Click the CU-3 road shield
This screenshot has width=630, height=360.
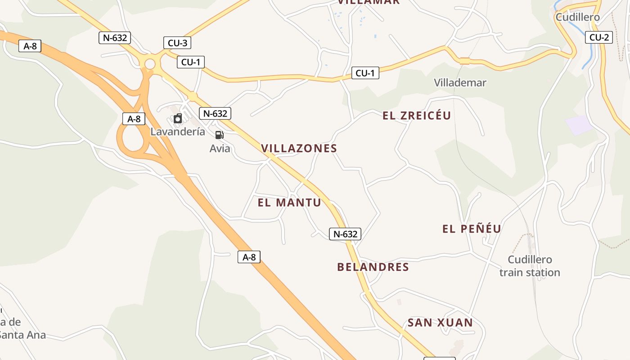coord(177,43)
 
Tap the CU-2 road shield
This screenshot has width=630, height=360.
coord(599,37)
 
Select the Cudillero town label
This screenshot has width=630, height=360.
coord(577,17)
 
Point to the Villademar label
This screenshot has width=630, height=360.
coord(460,82)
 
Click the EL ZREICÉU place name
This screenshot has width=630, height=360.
coord(416,116)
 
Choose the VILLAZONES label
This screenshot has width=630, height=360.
coord(299,148)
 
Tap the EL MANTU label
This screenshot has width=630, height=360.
coord(289,202)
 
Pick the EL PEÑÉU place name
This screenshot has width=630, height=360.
coord(472,229)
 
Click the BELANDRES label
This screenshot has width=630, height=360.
coord(373,267)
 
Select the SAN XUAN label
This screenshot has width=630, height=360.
coord(440,322)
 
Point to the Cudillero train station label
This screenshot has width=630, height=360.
coord(530,266)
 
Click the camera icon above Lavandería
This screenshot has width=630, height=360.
coord(178,118)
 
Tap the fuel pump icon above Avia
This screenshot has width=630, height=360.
coord(219,135)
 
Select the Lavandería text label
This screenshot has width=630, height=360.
coord(178,132)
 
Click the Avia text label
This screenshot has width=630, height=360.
coord(220,148)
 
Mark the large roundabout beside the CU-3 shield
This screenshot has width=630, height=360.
coord(149,64)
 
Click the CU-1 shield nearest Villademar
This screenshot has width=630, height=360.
coord(365,73)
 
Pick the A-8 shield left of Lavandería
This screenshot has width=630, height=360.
coord(134,119)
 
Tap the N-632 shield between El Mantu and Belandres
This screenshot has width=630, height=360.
coord(345,234)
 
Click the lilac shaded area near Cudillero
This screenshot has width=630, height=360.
coord(579,125)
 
